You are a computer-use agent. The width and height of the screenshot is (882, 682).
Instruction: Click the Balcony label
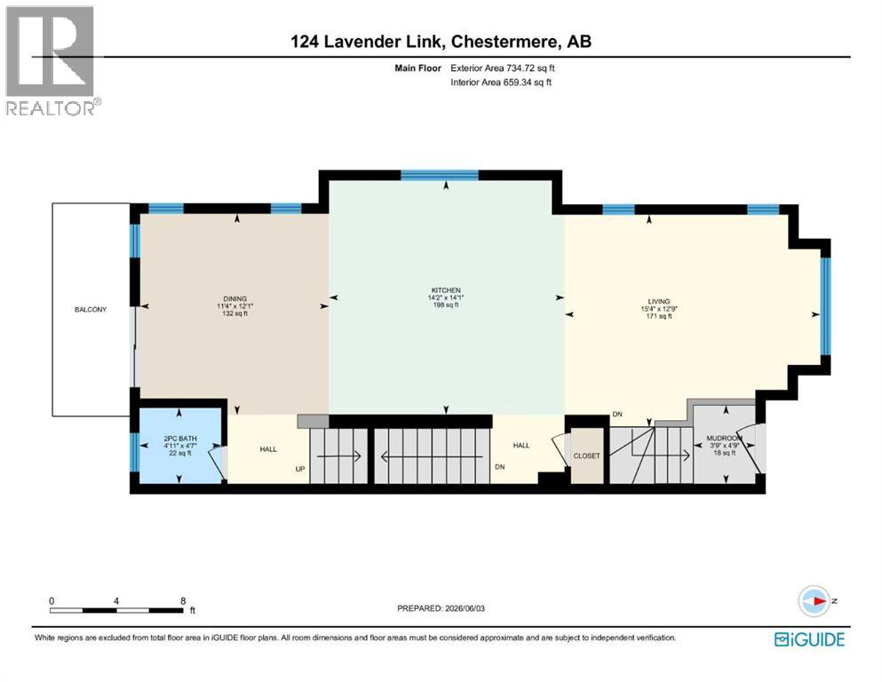pos(91,309)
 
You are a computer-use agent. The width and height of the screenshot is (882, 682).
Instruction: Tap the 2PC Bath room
pos(180,445)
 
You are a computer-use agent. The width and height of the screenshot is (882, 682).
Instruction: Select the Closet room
pos(587,456)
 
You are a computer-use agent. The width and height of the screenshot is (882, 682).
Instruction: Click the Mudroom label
pos(725,438)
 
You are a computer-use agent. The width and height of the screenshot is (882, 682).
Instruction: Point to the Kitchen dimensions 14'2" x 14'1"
pos(446,297)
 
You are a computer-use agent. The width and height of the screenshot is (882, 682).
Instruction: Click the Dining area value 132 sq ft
pos(235,313)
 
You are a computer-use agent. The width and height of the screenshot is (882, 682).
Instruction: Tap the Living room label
pos(659,301)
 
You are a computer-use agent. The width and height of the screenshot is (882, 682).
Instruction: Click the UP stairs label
pos(300,469)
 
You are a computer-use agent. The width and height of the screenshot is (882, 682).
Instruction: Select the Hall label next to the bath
pos(268,449)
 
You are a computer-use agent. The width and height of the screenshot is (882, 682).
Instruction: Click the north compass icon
pos(814,601)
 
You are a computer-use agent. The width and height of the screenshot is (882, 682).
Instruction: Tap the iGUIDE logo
pos(809,639)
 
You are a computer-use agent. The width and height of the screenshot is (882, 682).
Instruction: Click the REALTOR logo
pos(52,60)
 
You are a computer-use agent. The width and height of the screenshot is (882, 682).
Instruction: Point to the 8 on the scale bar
pos(183,601)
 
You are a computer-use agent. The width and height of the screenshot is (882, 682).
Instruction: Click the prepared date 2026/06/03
pos(465,608)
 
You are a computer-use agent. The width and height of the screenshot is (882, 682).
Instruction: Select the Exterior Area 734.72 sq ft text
pos(503,68)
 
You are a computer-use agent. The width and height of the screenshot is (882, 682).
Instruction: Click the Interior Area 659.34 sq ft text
pos(501,82)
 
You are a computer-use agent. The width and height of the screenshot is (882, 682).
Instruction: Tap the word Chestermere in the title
pos(505,42)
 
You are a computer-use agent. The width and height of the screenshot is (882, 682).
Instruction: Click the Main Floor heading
pos(418,68)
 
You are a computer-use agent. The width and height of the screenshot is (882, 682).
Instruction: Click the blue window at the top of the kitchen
pos(440,175)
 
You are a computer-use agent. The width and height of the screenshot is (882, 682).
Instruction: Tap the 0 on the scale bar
pos(52,601)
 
